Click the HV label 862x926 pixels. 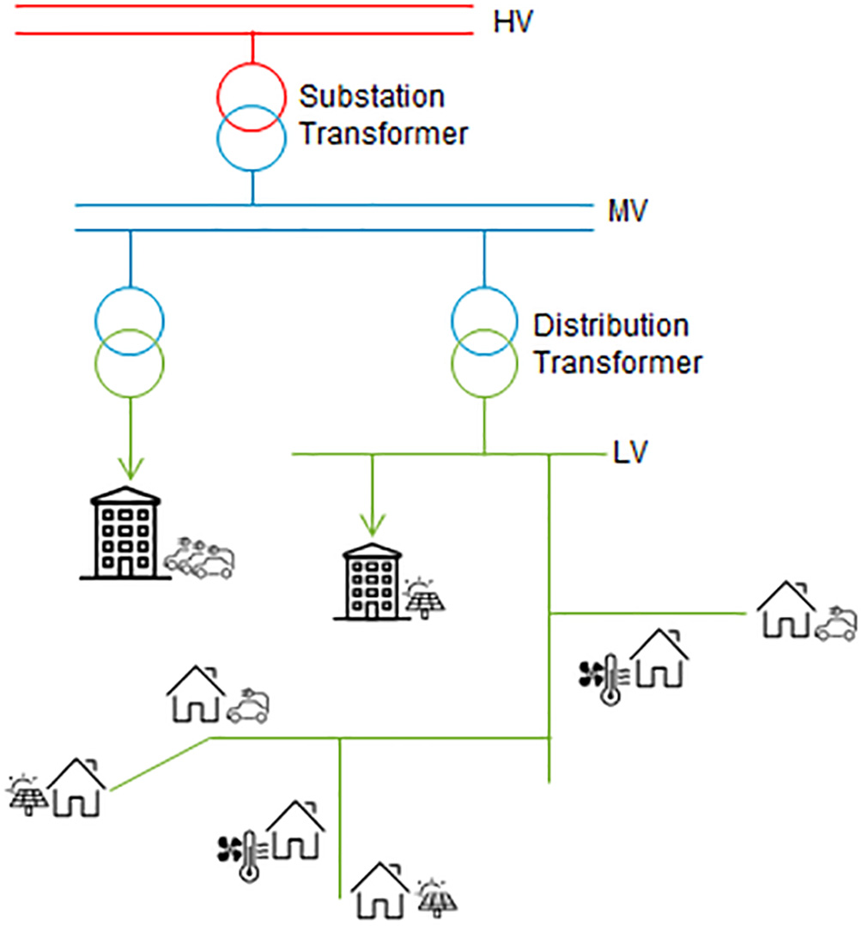(x=513, y=21)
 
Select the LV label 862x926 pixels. (x=629, y=452)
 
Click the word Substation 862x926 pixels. (x=372, y=96)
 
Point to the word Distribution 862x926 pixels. (x=610, y=326)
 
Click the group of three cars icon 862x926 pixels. (x=200, y=559)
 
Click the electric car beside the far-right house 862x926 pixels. (x=835, y=625)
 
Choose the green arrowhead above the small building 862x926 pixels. (x=372, y=523)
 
